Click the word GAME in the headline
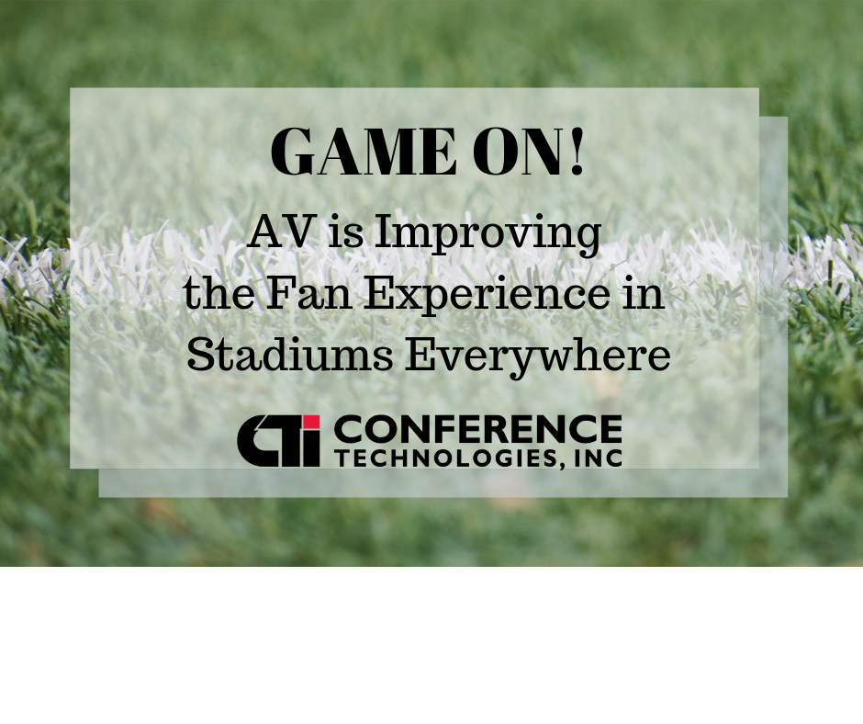pyautogui.click(x=364, y=151)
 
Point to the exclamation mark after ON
pyautogui.click(x=577, y=151)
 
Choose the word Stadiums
pyautogui.click(x=289, y=355)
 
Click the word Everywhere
pyautogui.click(x=538, y=358)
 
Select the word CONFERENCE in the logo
pyautogui.click(x=477, y=429)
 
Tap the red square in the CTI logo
pyautogui.click(x=311, y=423)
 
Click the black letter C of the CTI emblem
pyautogui.click(x=253, y=441)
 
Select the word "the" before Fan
pyautogui.click(x=219, y=294)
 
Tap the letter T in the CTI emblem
pyautogui.click(x=286, y=441)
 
